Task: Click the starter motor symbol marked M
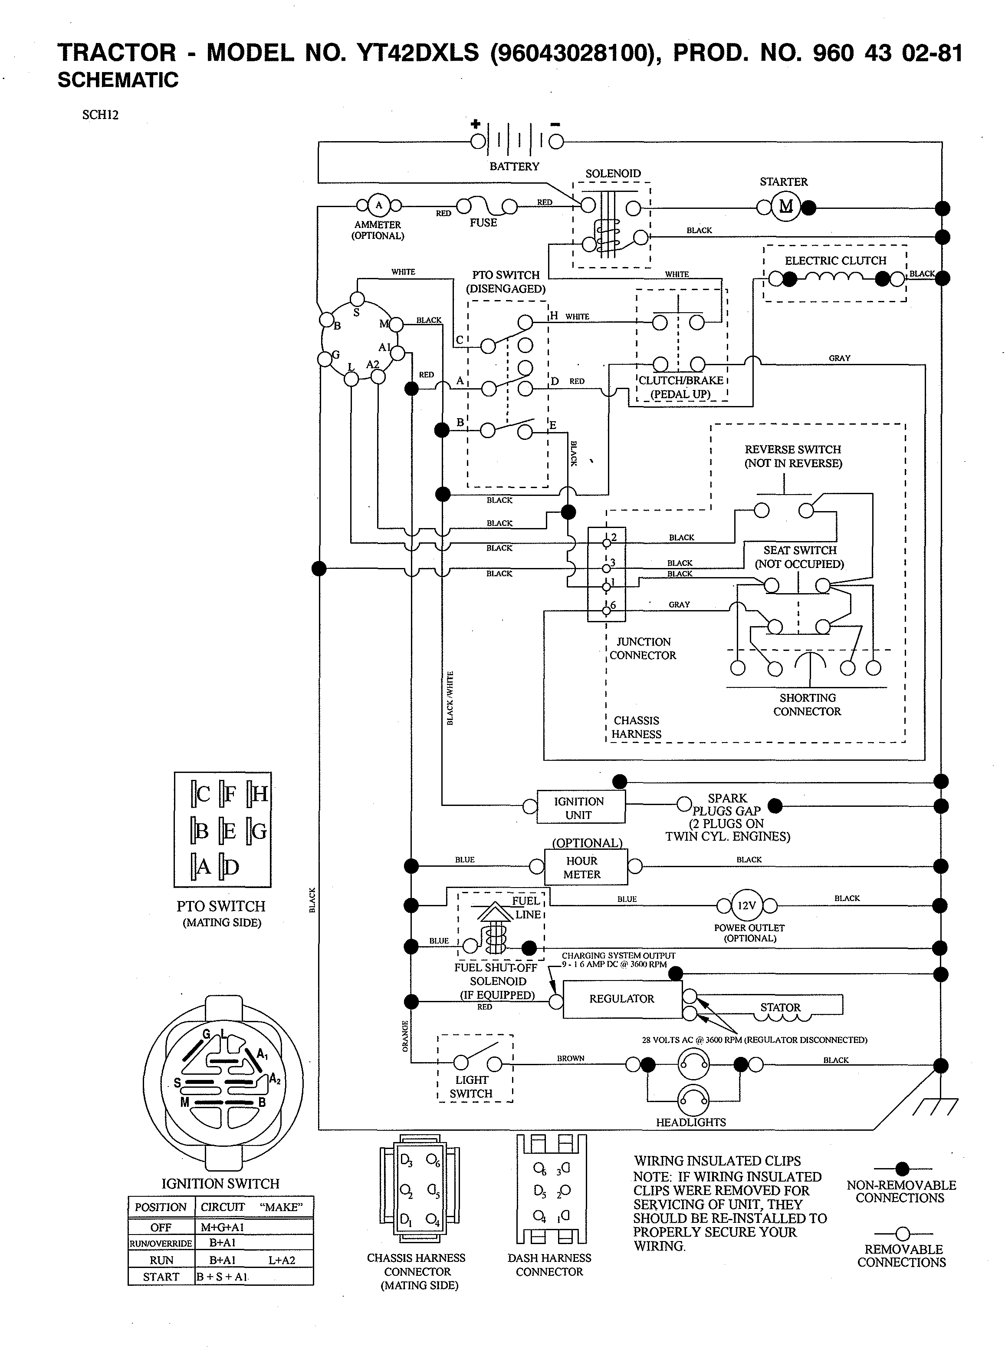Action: pos(785,207)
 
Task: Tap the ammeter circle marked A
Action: pos(378,205)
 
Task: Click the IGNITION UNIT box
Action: pos(579,808)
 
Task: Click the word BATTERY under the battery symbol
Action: pos(514,166)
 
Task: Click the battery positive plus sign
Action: pos(475,124)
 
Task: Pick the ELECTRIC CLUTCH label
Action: pos(835,261)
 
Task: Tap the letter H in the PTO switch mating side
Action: pos(260,794)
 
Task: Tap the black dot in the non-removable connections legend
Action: pos(902,1168)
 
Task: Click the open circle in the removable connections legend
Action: pos(902,1234)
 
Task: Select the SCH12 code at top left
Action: pos(100,115)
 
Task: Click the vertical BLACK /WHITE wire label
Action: pos(450,698)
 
